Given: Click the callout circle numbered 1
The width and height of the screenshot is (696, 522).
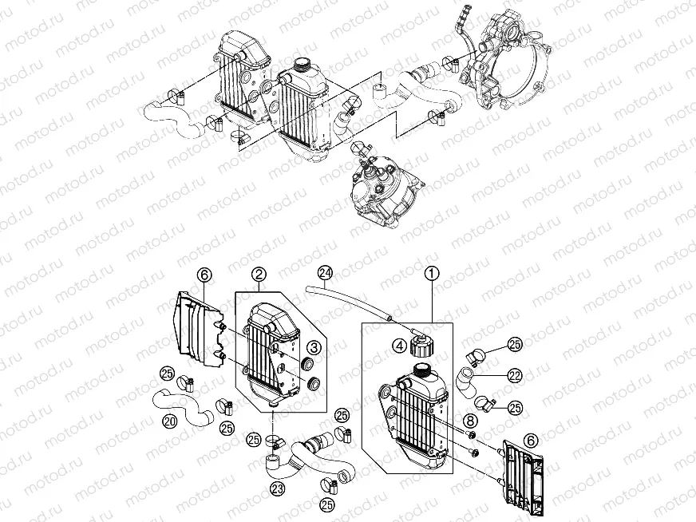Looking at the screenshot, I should point(431,274).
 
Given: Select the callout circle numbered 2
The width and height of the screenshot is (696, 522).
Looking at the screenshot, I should point(259,274).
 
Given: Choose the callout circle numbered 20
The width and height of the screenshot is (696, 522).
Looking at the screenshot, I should point(171,420).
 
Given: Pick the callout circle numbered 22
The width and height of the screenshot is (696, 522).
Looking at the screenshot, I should point(514,374).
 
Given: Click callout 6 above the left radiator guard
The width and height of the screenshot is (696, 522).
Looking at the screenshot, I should point(205,275).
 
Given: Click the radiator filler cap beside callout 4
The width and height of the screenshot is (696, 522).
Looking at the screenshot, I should point(420,346).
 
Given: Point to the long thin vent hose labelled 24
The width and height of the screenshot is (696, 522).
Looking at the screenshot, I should point(351,299).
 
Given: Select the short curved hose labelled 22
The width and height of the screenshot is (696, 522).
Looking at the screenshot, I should point(466,382).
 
